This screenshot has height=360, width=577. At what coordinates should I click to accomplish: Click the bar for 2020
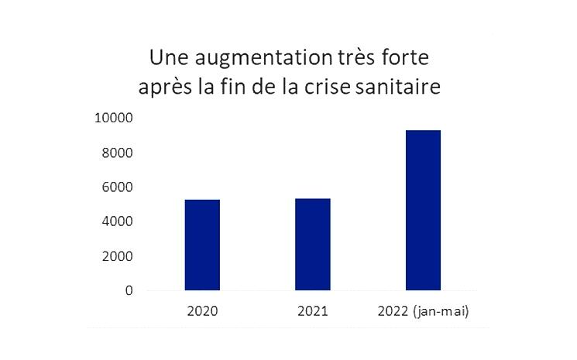tap(202, 245)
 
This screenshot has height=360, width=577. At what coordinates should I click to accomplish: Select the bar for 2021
tap(312, 244)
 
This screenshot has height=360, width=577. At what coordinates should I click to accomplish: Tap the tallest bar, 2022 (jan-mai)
tap(423, 210)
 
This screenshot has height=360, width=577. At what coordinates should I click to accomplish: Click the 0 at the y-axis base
tap(129, 291)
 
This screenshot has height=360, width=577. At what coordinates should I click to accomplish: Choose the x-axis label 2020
tap(202, 312)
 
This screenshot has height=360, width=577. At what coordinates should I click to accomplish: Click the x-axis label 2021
tap(312, 312)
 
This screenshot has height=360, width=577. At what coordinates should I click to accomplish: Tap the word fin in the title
tap(230, 87)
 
